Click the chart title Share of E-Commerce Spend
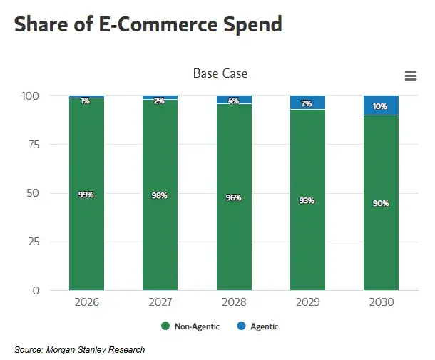tap(148, 24)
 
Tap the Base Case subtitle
tap(220, 73)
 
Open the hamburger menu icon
tap(410, 76)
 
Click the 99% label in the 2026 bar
tap(86, 195)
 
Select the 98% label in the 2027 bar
tap(160, 195)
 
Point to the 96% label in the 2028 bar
tap(233, 197)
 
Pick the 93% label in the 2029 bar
tap(307, 200)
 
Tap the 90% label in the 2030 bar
tap(381, 203)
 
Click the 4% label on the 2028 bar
tap(233, 101)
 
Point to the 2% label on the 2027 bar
tap(160, 101)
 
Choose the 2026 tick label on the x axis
tap(86, 302)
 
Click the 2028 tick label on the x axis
tap(233, 302)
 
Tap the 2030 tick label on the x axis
tap(381, 302)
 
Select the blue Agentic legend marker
tap(241, 326)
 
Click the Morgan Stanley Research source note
tap(79, 349)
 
